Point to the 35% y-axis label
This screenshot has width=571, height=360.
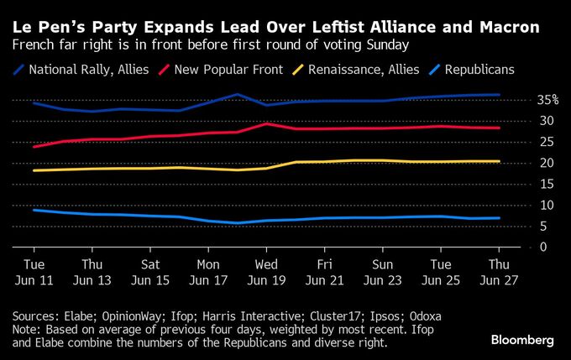click(x=525, y=100)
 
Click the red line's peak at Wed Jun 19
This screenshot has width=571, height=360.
click(x=266, y=123)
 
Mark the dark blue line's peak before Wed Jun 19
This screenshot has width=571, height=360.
click(x=238, y=94)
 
